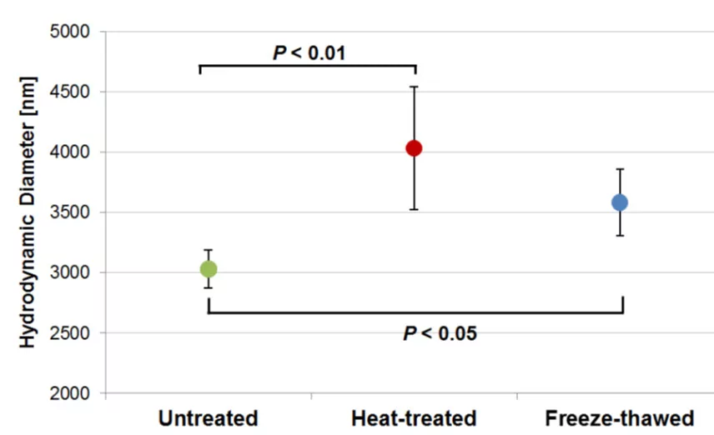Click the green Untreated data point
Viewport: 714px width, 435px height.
(x=209, y=269)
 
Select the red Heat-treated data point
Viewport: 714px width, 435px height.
(x=414, y=148)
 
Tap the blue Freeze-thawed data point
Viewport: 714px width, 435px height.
(x=620, y=202)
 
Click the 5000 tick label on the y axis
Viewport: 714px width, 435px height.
(x=70, y=32)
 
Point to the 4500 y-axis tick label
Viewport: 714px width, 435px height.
(x=70, y=92)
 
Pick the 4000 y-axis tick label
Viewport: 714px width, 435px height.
(x=70, y=152)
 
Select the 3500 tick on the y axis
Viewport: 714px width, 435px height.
(x=70, y=212)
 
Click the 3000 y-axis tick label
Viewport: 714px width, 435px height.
(x=70, y=272)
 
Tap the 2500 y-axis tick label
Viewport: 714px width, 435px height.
(x=70, y=333)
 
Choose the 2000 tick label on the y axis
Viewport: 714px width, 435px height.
(x=70, y=393)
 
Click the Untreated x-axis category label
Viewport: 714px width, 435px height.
(x=208, y=418)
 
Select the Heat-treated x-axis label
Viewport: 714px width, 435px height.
(x=414, y=418)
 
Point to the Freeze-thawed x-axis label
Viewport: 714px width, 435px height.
(x=620, y=418)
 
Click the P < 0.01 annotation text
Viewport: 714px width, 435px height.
(x=309, y=52)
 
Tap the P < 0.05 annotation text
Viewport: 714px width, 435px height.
(x=440, y=333)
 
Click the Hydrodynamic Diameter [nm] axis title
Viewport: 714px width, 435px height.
(x=28, y=212)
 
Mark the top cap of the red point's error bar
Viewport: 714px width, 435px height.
(x=414, y=87)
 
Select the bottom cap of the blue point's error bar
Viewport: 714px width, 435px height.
(x=620, y=235)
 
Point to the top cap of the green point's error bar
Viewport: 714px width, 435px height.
(x=209, y=250)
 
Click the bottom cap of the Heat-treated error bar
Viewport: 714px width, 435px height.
(x=414, y=209)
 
